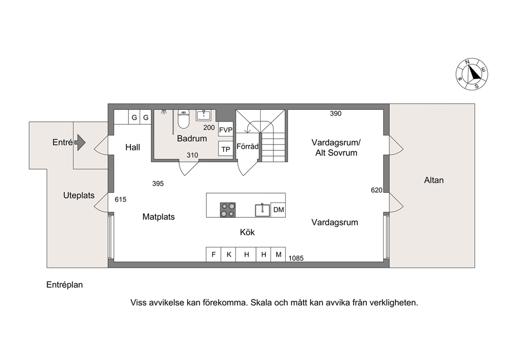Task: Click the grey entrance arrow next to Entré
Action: pyautogui.click(x=80, y=142)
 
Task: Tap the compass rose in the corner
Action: pyautogui.click(x=472, y=74)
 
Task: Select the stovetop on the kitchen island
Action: pyautogui.click(x=227, y=210)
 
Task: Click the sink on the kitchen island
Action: pyautogui.click(x=262, y=210)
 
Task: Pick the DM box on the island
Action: pyautogui.click(x=278, y=210)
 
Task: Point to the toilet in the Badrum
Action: pyautogui.click(x=183, y=119)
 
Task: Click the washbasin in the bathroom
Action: pyautogui.click(x=204, y=116)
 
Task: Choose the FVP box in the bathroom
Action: pyautogui.click(x=226, y=130)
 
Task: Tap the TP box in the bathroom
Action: pyautogui.click(x=226, y=149)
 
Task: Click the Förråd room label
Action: pyautogui.click(x=247, y=146)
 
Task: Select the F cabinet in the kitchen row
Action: pyautogui.click(x=213, y=254)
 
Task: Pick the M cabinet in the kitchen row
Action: pyautogui.click(x=278, y=254)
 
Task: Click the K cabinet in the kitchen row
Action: pyautogui.click(x=228, y=254)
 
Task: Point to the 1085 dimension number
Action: pyautogui.click(x=296, y=258)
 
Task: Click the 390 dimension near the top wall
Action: pyautogui.click(x=336, y=113)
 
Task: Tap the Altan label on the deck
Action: pyautogui.click(x=434, y=180)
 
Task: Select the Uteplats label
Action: pyautogui.click(x=79, y=196)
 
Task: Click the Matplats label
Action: pyautogui.click(x=159, y=217)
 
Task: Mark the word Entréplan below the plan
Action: pyautogui.click(x=65, y=285)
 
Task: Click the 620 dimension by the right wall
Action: pyautogui.click(x=377, y=190)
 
